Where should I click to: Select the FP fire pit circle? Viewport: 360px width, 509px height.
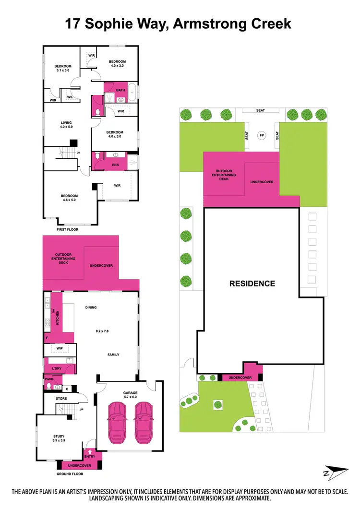point(262,136)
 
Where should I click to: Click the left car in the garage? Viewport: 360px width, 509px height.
point(118,422)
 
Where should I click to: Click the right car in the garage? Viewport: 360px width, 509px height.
point(143,422)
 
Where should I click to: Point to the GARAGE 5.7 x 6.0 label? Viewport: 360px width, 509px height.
point(130,395)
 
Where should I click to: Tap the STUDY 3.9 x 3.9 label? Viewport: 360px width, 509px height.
point(59,438)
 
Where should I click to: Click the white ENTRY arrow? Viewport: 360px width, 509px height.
point(90,452)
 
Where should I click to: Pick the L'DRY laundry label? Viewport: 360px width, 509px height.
point(57,368)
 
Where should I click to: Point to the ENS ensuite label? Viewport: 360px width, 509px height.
point(116,165)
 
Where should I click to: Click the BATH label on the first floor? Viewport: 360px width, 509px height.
point(120,89)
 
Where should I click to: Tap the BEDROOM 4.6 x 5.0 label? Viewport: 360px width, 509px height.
point(69,198)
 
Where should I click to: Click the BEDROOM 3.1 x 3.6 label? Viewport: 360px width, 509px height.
point(62,69)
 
